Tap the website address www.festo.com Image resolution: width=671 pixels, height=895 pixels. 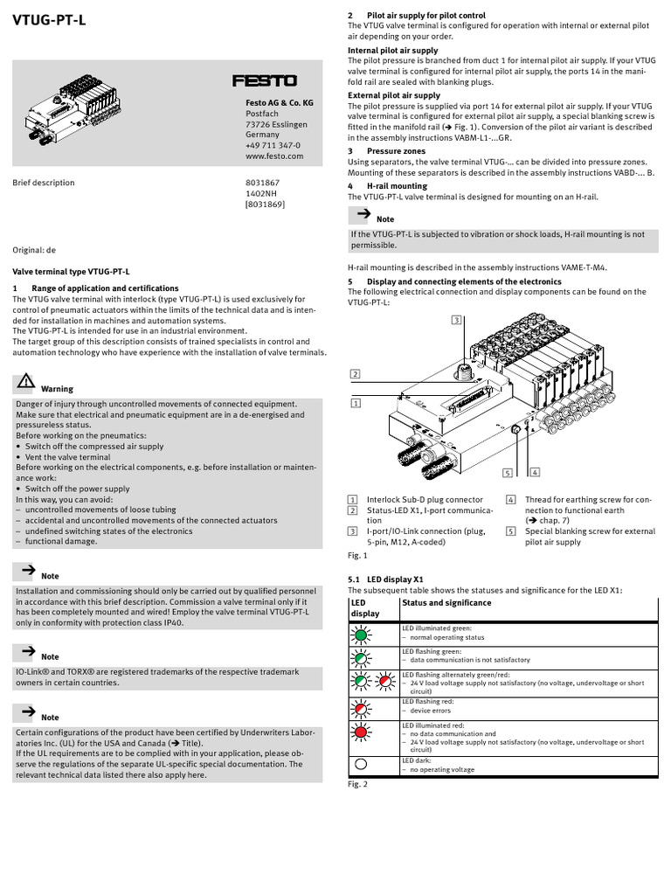pos(273,156)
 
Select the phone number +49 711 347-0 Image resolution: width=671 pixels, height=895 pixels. pos(273,146)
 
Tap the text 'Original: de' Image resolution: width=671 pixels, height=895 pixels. pos(33,249)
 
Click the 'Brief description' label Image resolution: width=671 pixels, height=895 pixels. pos(43,183)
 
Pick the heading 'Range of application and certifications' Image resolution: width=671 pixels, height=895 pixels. pos(105,288)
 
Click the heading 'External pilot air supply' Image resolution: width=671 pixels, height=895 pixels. pos(394,95)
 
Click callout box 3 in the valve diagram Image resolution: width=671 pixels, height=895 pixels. pos(456,320)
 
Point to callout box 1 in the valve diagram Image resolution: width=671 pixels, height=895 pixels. pos(355,403)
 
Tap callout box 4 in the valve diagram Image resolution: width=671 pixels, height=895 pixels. pos(535,472)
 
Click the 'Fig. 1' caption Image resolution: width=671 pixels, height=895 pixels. pos(357,555)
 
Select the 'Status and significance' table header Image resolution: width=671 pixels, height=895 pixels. pos(446,602)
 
